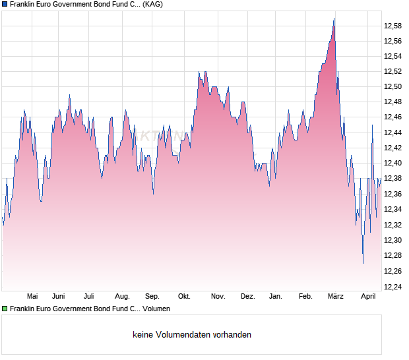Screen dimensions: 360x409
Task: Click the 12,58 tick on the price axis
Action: coord(393,26)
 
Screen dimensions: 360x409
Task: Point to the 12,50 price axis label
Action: coord(393,86)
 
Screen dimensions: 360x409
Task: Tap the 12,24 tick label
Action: coord(393,286)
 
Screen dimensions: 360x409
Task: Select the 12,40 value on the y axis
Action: coord(393,163)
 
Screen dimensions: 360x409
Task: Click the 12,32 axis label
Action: coord(393,224)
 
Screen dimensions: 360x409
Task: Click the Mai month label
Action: coord(32,296)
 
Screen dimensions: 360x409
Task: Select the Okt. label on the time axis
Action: coord(185,296)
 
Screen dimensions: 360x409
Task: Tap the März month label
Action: coord(336,296)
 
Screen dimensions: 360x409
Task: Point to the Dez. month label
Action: coord(247,296)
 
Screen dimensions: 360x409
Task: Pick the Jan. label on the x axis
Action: coord(276,296)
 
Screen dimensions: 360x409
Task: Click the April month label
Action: coord(368,296)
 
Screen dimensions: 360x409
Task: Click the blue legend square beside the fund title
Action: coord(5,5)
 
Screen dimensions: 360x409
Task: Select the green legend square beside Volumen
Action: coord(5,308)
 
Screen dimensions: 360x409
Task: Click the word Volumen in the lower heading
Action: coord(156,308)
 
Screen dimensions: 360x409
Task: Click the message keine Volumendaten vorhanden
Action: coord(192,334)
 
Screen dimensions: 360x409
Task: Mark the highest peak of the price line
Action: coord(334,18)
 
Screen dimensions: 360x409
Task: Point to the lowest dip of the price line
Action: coord(363,262)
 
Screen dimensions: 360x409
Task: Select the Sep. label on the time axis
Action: coord(152,296)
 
